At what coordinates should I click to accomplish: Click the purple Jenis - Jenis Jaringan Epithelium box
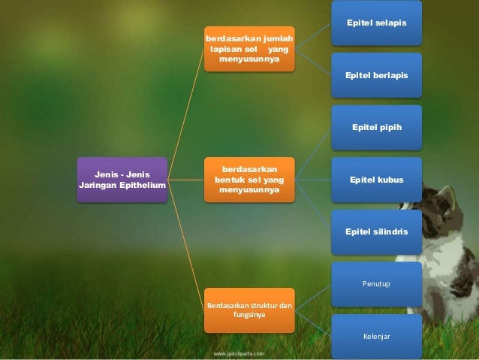point(122,180)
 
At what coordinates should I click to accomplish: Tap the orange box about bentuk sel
point(247,180)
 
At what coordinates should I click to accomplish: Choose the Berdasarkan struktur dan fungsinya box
point(249,310)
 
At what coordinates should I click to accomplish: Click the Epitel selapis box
point(376,25)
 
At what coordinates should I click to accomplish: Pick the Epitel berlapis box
point(376,75)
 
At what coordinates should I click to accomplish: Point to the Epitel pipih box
point(376,127)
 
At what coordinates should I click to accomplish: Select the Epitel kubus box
point(376,180)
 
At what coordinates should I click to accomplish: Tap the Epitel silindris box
point(376,232)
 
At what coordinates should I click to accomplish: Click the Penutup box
point(376,284)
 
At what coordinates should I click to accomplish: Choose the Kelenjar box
point(376,336)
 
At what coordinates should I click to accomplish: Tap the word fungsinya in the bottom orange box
point(249,316)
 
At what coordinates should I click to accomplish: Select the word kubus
point(390,180)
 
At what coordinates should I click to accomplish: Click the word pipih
point(390,127)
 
